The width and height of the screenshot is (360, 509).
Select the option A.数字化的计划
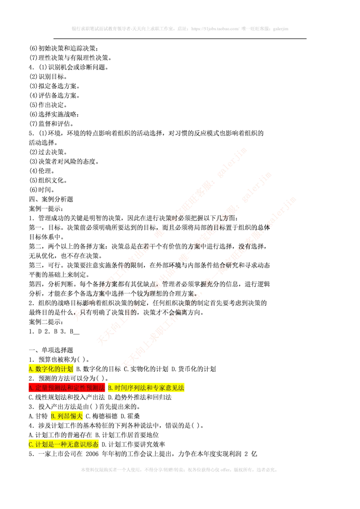[50, 369]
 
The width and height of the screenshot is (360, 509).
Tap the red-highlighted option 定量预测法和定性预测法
[67, 388]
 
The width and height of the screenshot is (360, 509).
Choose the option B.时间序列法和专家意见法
[147, 388]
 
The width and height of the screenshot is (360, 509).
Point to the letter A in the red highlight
[31, 388]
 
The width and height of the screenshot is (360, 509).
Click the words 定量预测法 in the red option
[51, 388]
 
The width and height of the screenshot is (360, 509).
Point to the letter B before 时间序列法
[110, 388]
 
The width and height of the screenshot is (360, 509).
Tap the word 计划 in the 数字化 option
[67, 369]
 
